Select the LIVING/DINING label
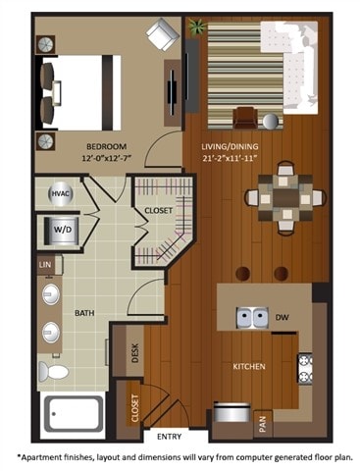coord(232,143)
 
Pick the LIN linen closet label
coord(44,265)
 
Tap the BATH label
coord(84,313)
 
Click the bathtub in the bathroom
coord(72,413)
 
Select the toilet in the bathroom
coord(56,371)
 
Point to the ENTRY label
coord(169,438)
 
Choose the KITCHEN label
coord(249,365)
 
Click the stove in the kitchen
coord(304,368)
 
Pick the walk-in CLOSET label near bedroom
coord(158,210)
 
